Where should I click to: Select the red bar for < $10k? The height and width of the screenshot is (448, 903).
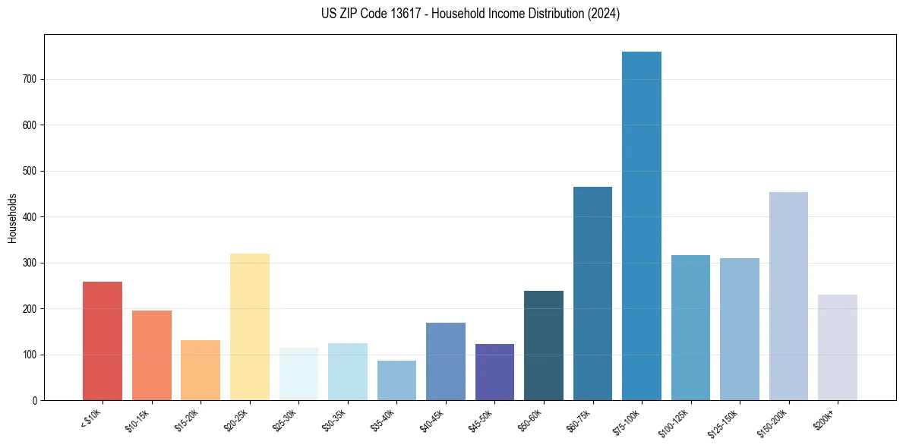(x=103, y=341)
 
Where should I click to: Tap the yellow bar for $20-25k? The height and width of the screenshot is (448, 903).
(x=250, y=327)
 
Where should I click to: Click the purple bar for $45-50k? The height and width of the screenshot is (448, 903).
(x=494, y=372)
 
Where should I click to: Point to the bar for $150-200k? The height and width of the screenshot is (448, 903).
(x=788, y=296)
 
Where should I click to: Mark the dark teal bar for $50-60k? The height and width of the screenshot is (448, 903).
(x=544, y=345)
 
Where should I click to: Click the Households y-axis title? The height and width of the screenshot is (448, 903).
(x=12, y=218)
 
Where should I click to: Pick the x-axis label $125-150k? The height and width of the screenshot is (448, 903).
(x=723, y=422)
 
